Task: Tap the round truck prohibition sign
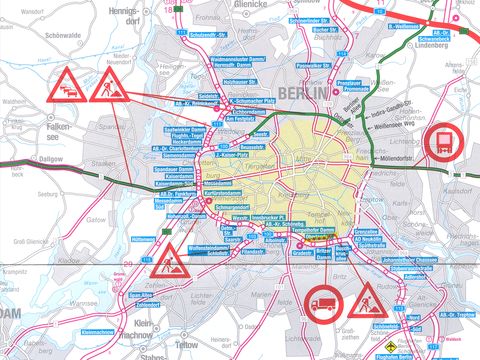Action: (x=323, y=301)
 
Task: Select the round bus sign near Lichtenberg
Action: (x=441, y=143)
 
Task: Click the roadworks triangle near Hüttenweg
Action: (x=175, y=262)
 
